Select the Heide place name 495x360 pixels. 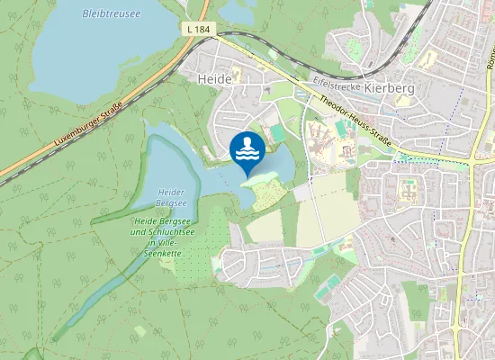pos(214,79)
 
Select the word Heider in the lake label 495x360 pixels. pos(171,193)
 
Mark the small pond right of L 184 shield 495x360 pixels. pos(236,11)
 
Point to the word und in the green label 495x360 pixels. pos(142,231)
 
